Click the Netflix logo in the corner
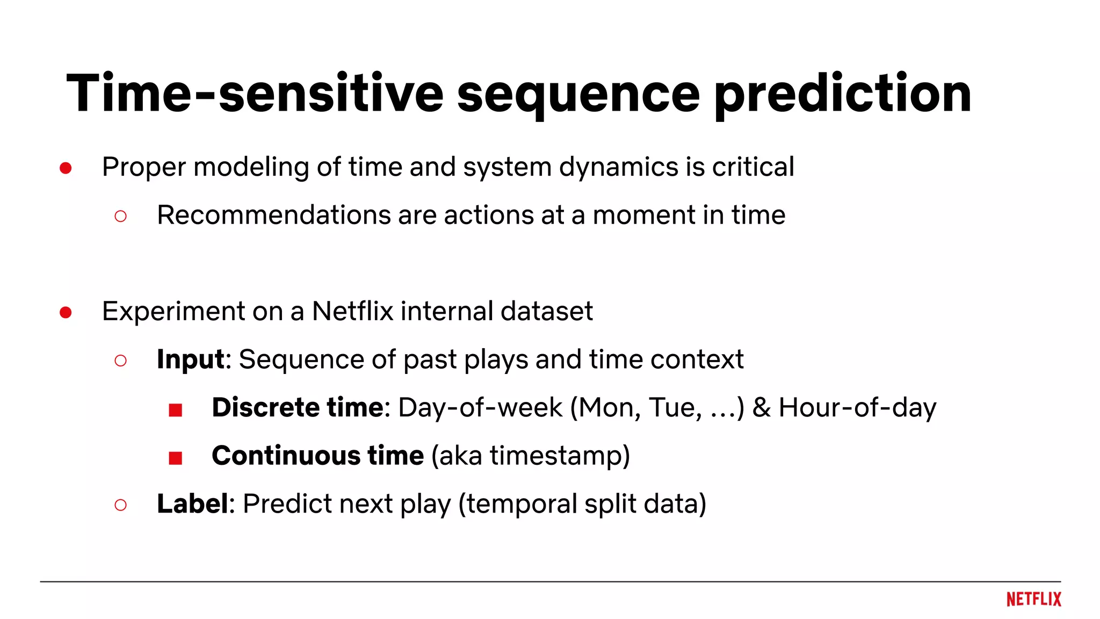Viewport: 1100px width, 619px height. pos(1033,599)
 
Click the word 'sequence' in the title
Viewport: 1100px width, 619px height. pos(578,95)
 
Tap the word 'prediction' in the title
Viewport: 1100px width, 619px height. pos(842,95)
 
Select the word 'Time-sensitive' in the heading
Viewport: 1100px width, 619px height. pos(255,93)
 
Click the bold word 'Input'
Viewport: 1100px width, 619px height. pos(190,359)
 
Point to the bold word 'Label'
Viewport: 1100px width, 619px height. pos(192,503)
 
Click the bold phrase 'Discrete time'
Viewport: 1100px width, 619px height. pos(298,407)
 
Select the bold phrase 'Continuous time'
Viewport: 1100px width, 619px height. pos(317,456)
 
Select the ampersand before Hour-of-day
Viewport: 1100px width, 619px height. pos(761,407)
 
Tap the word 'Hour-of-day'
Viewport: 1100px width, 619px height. pos(857,407)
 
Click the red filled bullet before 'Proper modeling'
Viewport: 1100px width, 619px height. pos(66,168)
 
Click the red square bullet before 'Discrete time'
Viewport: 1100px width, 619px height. pos(175,410)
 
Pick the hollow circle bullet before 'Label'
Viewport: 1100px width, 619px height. pos(120,505)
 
